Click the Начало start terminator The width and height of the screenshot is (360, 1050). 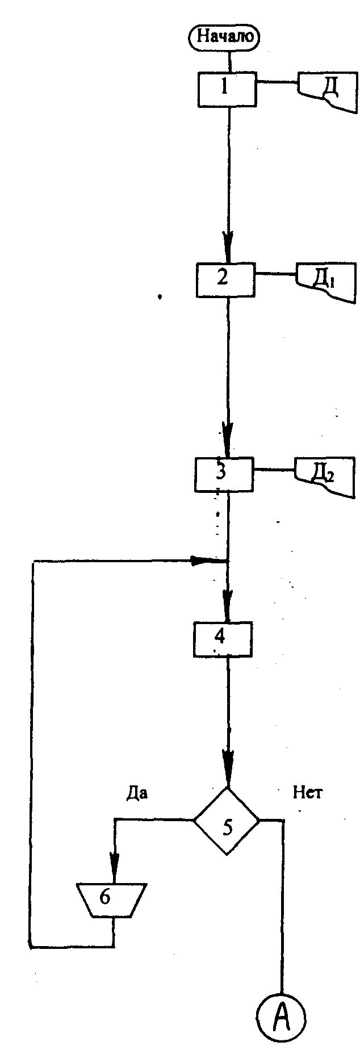click(228, 38)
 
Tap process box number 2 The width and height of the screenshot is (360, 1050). click(225, 279)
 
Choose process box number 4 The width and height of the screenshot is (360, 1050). click(222, 638)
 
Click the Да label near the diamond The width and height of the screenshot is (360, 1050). click(137, 793)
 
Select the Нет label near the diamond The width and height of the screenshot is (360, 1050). click(307, 793)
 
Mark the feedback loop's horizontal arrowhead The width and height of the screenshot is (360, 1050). click(202, 561)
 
